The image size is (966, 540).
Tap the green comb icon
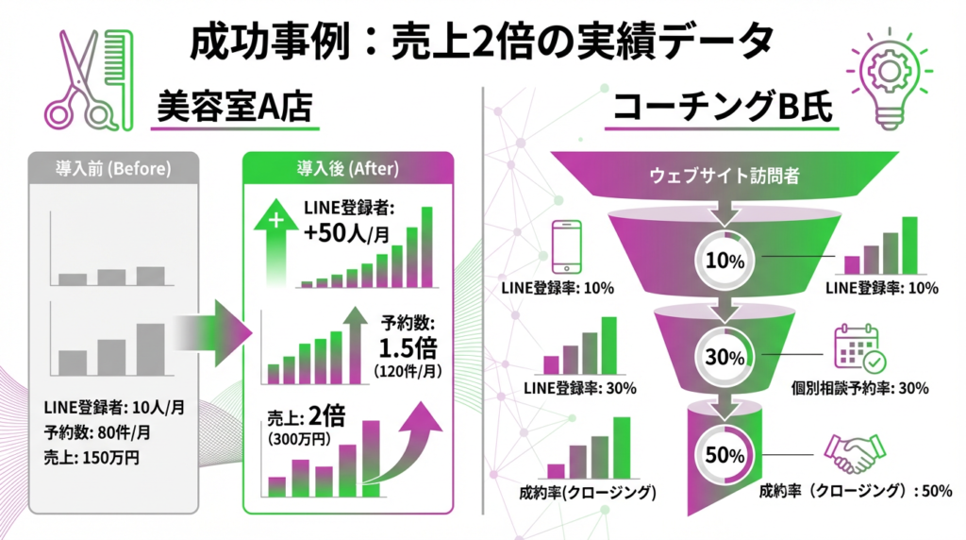(121, 80)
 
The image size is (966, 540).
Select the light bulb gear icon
(889, 78)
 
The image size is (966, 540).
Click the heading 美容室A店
(235, 107)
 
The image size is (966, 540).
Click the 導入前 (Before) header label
(113, 169)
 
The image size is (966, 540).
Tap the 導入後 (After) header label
(348, 169)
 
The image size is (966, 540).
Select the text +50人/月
(347, 233)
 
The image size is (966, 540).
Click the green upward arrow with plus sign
(275, 242)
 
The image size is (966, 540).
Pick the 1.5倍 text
(408, 348)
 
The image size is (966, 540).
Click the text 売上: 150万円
(92, 458)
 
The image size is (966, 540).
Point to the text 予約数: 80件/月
(97, 432)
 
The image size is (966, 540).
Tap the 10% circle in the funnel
(724, 261)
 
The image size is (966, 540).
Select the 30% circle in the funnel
(724, 357)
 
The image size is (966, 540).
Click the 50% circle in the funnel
(724, 456)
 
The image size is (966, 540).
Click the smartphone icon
(566, 246)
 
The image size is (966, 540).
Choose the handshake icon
(855, 453)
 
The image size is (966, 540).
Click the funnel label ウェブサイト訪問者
(724, 177)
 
